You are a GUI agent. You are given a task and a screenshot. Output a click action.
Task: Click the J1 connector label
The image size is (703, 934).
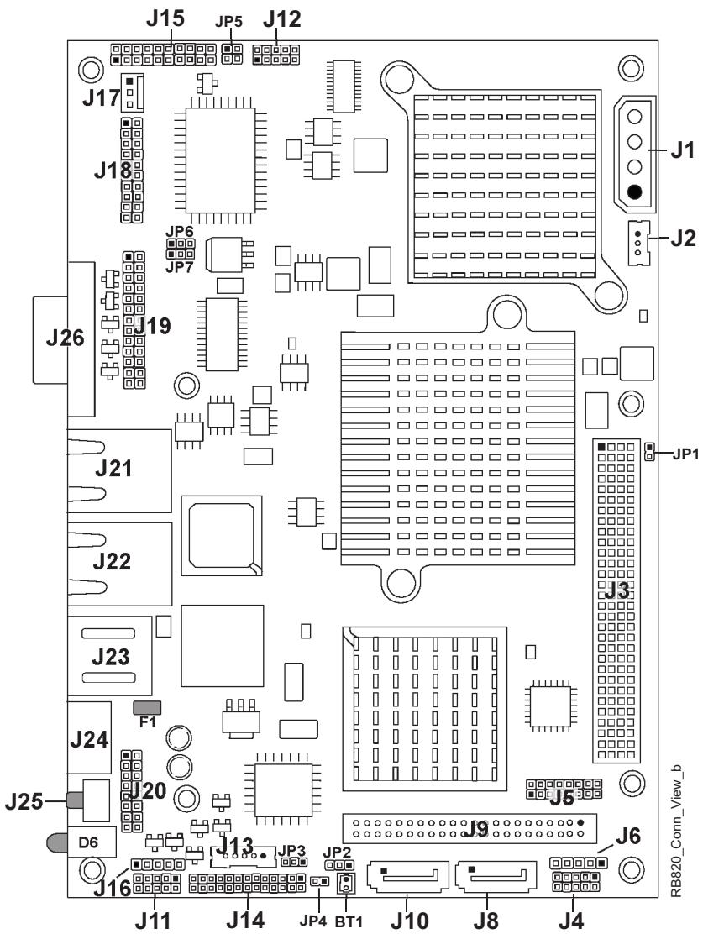pyautogui.click(x=683, y=150)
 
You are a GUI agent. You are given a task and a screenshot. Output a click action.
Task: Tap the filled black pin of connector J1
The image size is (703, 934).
pyautogui.click(x=634, y=192)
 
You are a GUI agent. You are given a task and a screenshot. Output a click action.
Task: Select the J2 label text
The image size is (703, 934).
pyautogui.click(x=684, y=238)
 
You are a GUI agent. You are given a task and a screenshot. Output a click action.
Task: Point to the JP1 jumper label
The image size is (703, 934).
pyautogui.click(x=685, y=454)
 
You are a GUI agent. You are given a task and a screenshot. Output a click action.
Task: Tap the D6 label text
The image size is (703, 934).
pyautogui.click(x=88, y=842)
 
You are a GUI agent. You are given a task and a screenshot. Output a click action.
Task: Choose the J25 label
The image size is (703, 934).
pyautogui.click(x=24, y=802)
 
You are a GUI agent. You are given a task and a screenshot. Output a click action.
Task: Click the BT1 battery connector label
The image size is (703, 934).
pyautogui.click(x=349, y=921)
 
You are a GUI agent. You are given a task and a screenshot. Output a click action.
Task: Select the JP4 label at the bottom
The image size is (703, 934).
pyautogui.click(x=313, y=921)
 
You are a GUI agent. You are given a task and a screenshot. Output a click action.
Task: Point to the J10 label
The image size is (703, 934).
pyautogui.click(x=410, y=921)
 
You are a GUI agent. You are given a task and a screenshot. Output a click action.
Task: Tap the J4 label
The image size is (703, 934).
pyautogui.click(x=571, y=921)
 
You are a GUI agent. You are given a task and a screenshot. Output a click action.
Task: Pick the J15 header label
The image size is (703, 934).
pyautogui.click(x=165, y=18)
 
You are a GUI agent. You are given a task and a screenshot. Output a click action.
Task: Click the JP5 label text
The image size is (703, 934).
pyautogui.click(x=228, y=22)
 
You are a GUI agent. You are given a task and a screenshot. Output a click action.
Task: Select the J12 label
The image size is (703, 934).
pyautogui.click(x=282, y=19)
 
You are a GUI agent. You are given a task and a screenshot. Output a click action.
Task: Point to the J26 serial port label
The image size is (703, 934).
pyautogui.click(x=66, y=338)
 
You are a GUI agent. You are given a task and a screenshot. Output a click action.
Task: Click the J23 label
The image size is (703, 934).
pyautogui.click(x=111, y=657)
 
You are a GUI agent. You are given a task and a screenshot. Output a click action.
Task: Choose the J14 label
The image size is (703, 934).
pyautogui.click(x=245, y=921)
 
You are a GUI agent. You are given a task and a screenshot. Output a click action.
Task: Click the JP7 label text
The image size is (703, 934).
pyautogui.click(x=180, y=267)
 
